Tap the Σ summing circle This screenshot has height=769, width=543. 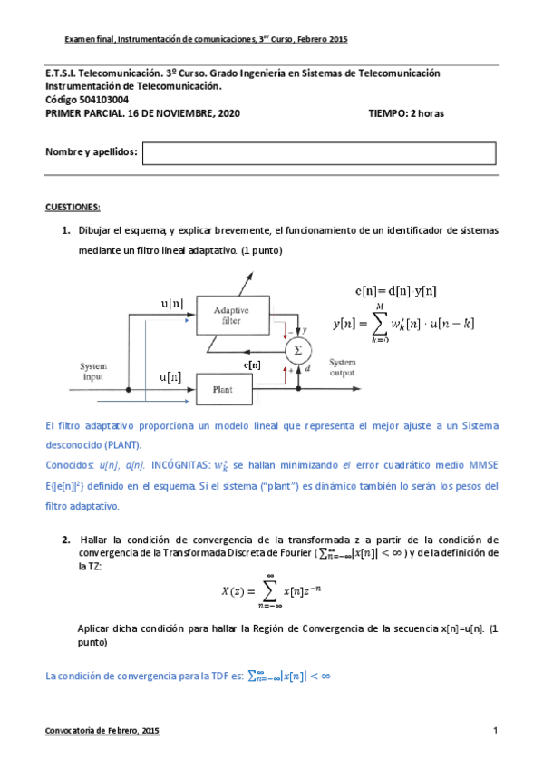point(293,349)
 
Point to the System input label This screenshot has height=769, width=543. point(94,372)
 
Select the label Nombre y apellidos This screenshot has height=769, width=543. point(91,151)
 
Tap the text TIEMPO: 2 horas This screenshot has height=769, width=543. point(406,113)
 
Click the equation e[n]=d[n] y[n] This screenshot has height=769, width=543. point(395,290)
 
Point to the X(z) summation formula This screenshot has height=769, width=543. point(271,591)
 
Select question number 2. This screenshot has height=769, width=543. point(66,540)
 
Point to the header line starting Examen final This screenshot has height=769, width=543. point(206,40)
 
